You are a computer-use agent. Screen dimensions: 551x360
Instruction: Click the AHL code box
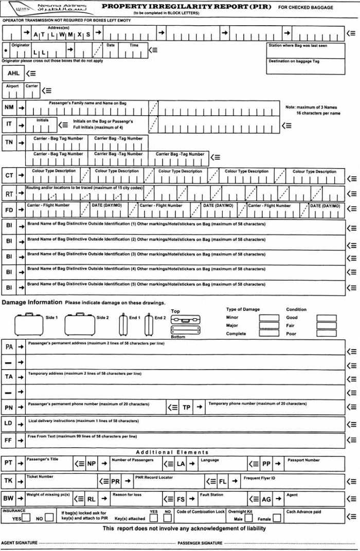point(13,74)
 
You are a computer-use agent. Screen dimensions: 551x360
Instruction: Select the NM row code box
point(9,107)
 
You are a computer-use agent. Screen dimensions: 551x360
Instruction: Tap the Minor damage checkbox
point(268,318)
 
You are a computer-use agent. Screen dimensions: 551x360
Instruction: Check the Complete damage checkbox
point(268,334)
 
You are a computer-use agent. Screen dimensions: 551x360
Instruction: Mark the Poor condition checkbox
point(326,334)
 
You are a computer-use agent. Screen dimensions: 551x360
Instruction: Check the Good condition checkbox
point(326,318)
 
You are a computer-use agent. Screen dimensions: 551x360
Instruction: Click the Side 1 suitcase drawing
point(29,325)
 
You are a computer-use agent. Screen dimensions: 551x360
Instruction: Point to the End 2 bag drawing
point(149,325)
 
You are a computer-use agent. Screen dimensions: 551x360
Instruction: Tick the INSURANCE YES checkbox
point(26,518)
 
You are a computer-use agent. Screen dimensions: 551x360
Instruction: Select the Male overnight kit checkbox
point(248,518)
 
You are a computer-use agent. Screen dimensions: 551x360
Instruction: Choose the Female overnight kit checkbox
point(276,518)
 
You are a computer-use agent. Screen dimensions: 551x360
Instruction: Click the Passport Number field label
point(303,460)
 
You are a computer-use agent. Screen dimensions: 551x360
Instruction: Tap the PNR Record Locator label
point(154,477)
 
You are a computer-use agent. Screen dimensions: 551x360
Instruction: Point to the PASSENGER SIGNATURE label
point(200,543)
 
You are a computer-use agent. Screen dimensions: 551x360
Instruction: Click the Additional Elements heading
point(172,452)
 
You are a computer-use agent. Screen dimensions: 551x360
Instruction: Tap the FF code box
point(9,440)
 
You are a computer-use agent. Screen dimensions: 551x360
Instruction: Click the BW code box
point(9,498)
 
